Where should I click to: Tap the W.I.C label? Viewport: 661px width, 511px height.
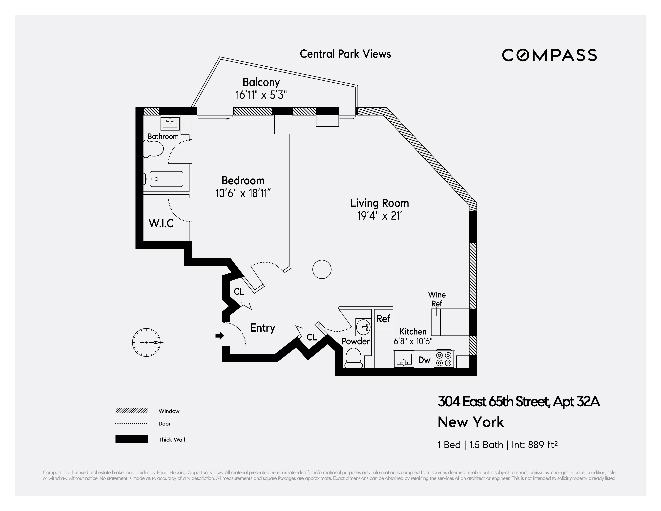click(161, 224)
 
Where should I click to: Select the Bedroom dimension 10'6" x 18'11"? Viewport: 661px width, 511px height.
click(243, 193)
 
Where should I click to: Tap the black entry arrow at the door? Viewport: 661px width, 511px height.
click(219, 336)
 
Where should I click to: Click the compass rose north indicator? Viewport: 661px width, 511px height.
click(146, 342)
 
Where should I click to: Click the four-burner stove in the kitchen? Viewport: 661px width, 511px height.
click(444, 359)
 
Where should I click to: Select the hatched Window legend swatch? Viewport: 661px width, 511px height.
click(131, 411)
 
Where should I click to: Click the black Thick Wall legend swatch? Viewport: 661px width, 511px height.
click(131, 439)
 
